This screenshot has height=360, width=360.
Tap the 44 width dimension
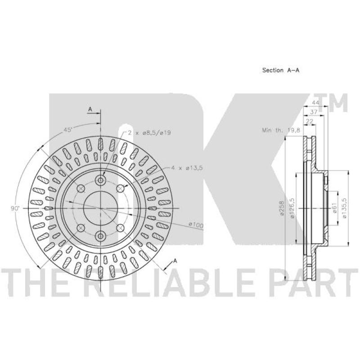tap(309, 103)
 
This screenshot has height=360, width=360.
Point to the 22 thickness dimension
tap(310, 121)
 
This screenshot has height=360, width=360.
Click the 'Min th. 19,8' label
tap(278, 130)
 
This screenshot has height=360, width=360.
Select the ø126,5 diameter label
tap(292, 208)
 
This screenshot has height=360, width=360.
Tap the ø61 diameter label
tap(335, 208)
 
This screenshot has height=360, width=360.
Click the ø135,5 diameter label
tap(345, 208)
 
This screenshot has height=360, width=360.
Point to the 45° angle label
tap(68, 130)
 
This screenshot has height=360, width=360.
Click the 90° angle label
tap(16, 208)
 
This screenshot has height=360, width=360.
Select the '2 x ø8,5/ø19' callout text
tap(144, 133)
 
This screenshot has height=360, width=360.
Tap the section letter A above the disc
tap(90, 109)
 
